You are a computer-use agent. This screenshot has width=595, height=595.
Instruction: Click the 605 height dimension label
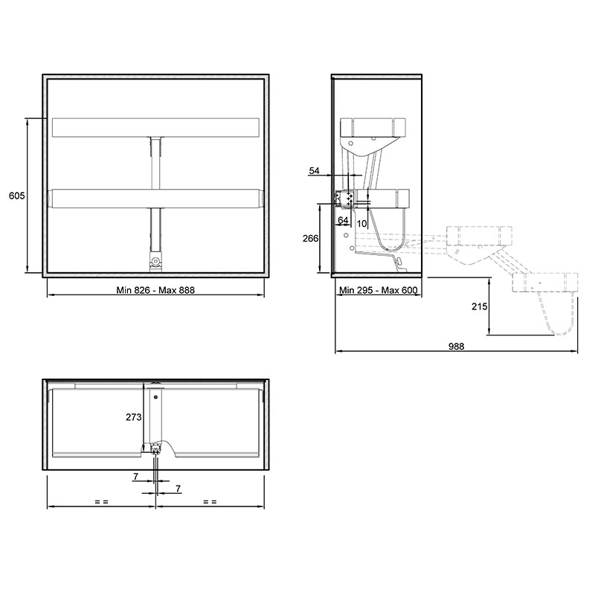point(16,196)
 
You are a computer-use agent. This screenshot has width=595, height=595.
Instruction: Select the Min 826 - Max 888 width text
point(155,290)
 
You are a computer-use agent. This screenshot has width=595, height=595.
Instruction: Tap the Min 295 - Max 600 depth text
point(378,290)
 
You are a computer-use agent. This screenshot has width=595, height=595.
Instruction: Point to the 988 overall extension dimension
point(456,346)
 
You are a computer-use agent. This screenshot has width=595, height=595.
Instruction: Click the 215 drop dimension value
point(479,306)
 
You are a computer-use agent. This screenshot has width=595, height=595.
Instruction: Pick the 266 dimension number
point(310,238)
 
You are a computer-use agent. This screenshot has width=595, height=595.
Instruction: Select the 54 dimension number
point(314,171)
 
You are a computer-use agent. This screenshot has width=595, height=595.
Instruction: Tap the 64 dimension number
point(343,220)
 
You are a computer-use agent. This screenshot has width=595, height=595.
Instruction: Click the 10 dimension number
point(362,224)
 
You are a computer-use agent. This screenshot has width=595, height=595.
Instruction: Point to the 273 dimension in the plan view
point(134,417)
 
